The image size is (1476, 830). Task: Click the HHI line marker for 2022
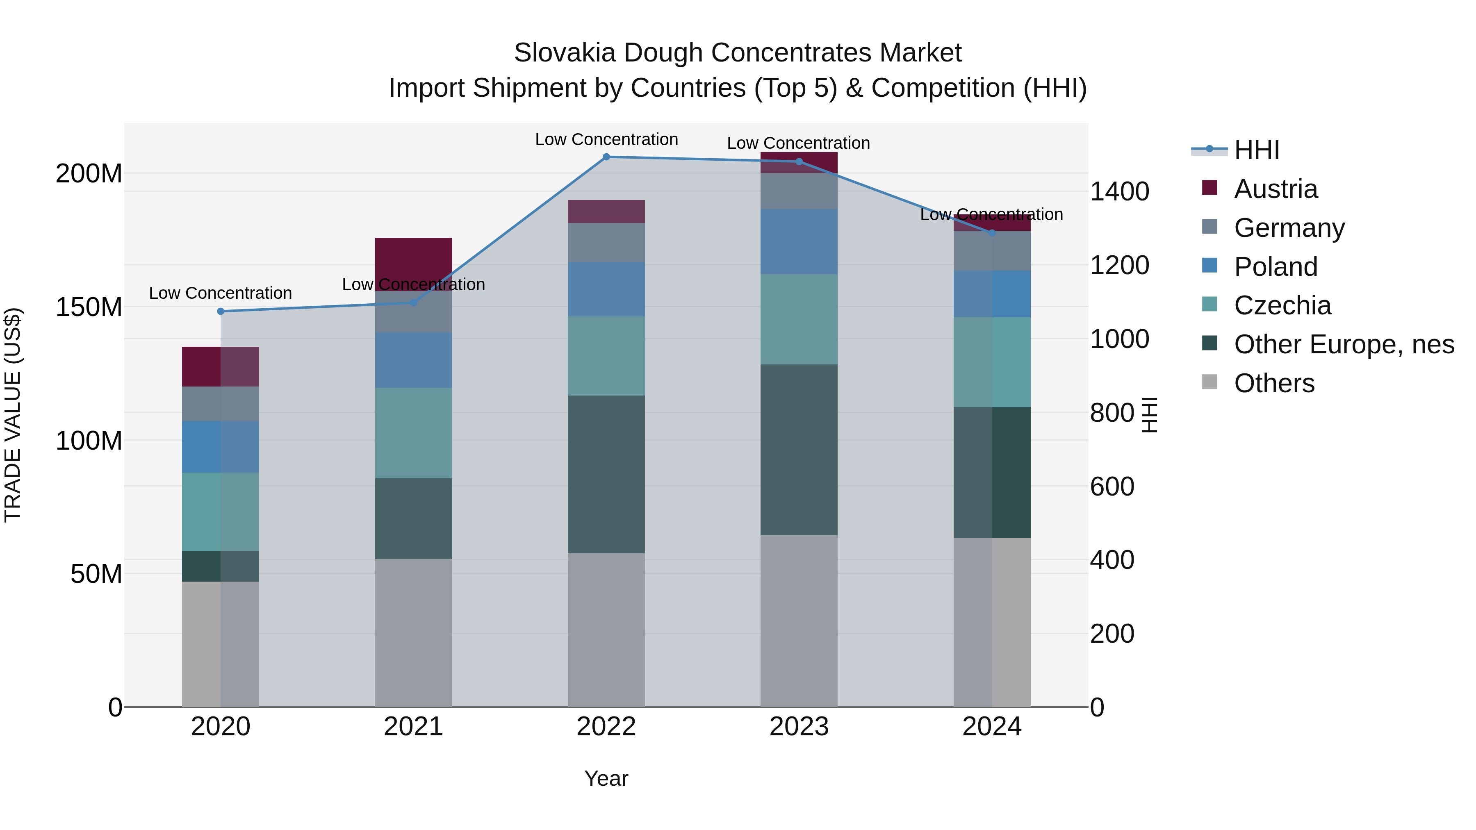click(606, 157)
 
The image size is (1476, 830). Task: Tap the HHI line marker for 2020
click(221, 312)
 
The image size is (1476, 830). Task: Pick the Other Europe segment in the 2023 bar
click(799, 450)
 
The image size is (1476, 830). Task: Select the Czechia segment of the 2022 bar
click(606, 356)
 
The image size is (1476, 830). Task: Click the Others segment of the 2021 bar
click(413, 632)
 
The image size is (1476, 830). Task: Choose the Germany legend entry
click(1289, 228)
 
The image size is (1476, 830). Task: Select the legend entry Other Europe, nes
click(1344, 344)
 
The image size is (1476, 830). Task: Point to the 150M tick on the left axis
click(89, 307)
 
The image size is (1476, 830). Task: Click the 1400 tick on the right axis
click(1119, 191)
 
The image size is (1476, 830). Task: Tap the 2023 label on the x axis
click(799, 727)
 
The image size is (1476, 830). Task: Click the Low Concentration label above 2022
click(606, 139)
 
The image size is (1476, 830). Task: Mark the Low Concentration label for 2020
click(221, 293)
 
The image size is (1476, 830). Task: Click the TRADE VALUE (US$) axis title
click(13, 415)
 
